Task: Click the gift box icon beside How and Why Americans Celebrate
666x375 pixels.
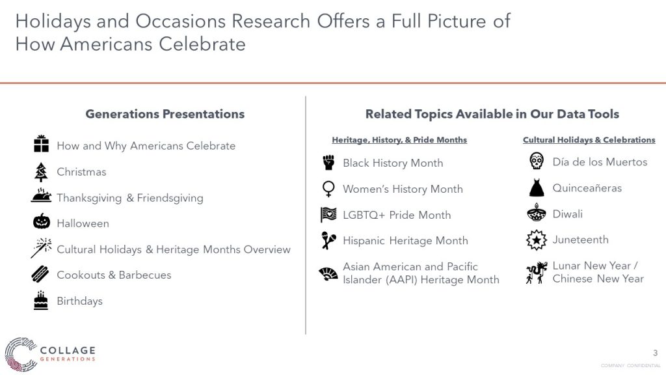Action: point(41,144)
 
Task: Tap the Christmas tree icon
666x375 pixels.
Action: point(41,172)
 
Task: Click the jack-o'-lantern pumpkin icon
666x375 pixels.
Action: point(42,221)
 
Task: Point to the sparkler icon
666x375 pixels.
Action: point(41,248)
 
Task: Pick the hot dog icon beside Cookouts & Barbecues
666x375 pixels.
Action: point(40,274)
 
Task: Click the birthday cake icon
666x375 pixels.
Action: point(41,301)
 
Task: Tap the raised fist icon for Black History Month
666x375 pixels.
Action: point(328,163)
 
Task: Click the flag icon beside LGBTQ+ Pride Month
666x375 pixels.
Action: point(328,215)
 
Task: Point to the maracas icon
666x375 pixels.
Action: point(328,241)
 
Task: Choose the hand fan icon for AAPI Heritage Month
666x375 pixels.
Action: point(328,274)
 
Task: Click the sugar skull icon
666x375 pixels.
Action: point(537,161)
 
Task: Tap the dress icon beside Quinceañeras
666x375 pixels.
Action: point(537,187)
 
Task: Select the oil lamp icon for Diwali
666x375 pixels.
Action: point(537,213)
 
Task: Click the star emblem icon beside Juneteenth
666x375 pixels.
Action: point(537,240)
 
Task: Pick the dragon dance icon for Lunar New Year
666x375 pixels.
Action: point(537,273)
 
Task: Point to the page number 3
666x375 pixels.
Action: point(655,353)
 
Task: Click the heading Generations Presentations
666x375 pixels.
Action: point(165,114)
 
